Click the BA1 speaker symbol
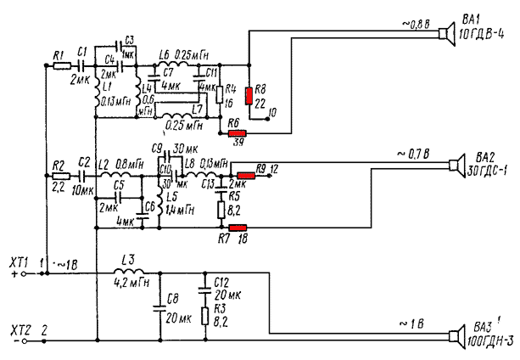pos(443,34)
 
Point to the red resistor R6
pos(237,132)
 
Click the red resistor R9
pos(246,175)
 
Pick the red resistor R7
pos(238,228)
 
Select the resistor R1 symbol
pos(60,65)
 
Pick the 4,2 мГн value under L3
pos(132,284)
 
